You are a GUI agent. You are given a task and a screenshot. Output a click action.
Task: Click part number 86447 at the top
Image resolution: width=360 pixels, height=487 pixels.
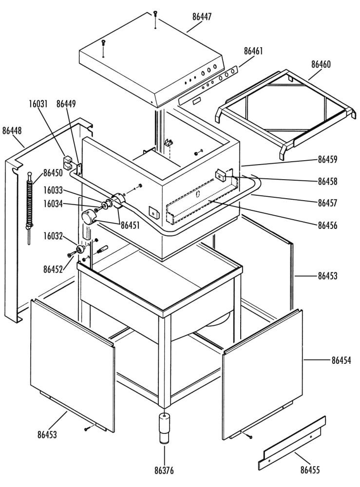202,17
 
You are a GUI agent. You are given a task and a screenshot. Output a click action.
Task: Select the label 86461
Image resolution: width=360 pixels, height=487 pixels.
253,51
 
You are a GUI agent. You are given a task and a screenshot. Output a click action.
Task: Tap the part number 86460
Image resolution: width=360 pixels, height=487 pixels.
321,64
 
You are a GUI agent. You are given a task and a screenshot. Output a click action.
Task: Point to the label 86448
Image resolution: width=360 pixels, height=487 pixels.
12,131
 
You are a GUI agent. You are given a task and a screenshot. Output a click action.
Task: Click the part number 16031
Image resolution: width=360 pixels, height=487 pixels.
38,104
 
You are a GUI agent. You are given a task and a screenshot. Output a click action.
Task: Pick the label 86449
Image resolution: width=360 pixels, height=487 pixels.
66,104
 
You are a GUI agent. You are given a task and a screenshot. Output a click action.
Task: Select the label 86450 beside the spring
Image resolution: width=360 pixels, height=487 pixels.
53,173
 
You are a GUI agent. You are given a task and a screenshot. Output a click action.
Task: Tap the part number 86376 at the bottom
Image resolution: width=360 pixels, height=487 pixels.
164,470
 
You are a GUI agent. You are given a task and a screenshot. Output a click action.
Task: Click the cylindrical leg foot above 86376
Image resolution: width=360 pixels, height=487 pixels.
165,428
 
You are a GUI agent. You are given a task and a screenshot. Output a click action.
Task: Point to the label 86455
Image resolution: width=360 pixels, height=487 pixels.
310,470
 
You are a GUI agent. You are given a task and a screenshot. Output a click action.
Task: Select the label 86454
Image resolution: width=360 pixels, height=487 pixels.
341,360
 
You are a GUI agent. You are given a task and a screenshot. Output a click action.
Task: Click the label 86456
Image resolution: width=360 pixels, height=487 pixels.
327,225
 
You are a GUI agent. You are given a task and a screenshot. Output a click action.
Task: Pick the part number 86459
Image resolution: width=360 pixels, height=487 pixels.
327,159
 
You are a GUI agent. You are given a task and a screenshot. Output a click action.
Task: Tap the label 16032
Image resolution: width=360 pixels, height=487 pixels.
53,236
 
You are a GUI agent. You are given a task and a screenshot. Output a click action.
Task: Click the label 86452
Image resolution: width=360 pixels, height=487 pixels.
53,269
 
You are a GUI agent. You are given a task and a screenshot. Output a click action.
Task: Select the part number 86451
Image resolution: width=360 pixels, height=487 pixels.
131,225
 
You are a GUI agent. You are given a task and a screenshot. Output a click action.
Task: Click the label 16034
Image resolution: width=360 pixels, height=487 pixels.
53,204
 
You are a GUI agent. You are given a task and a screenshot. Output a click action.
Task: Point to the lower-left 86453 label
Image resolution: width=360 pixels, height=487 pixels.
47,434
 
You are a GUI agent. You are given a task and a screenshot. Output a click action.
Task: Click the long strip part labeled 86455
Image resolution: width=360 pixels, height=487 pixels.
292,443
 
